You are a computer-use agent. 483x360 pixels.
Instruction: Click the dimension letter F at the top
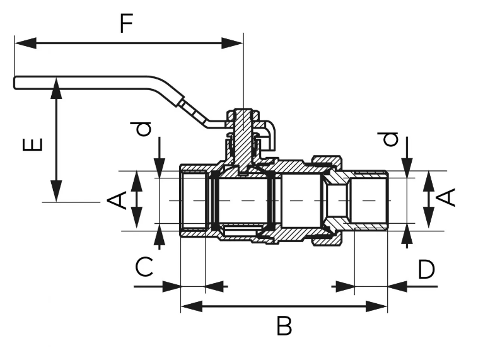(x=126, y=23)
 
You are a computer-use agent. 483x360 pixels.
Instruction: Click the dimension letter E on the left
(x=32, y=144)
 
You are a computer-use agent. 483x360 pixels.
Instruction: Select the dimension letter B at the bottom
(x=284, y=326)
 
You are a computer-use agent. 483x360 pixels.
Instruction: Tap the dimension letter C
(x=144, y=267)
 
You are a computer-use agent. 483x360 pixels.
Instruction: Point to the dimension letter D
(x=426, y=269)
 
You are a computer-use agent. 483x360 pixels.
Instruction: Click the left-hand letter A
(x=117, y=200)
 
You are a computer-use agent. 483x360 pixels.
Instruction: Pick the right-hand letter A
(x=446, y=197)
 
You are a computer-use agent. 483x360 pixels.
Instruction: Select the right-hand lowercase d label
(x=389, y=139)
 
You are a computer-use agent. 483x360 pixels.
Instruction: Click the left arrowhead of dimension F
(x=25, y=44)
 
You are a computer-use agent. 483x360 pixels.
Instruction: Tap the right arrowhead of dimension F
(x=232, y=44)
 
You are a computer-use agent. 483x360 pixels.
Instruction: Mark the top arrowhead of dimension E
(x=56, y=89)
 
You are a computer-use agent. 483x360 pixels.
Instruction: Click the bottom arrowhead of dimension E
(x=56, y=191)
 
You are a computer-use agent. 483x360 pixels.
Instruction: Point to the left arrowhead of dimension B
(x=192, y=306)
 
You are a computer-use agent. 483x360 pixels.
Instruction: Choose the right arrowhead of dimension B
(x=376, y=306)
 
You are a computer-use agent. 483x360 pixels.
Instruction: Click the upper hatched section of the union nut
(x=327, y=161)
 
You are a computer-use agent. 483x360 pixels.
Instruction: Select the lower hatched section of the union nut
(x=327, y=240)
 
